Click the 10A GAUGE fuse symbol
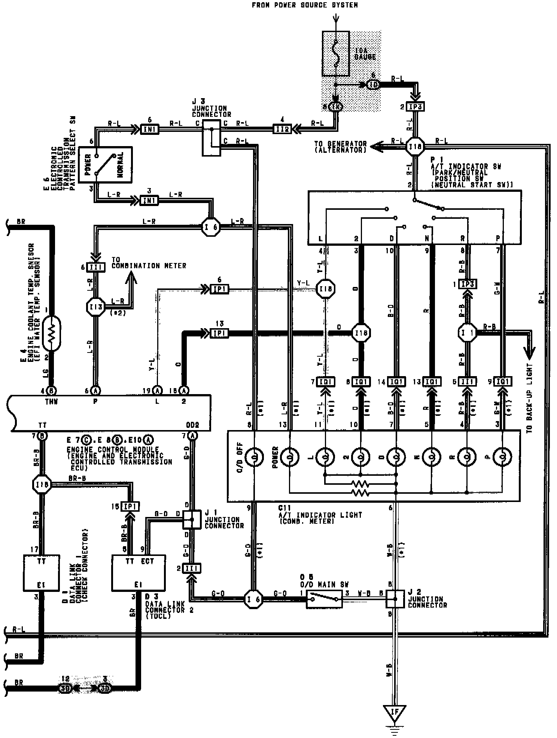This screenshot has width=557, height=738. tap(336, 54)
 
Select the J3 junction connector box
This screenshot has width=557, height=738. tap(211, 138)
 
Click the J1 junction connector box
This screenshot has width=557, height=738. tap(192, 519)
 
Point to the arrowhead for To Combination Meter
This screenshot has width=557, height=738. tap(131, 278)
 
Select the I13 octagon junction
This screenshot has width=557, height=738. tap(95, 306)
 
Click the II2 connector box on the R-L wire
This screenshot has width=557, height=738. tap(282, 129)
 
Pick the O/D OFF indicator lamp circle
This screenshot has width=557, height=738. tap(254, 457)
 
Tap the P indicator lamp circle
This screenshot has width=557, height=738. tap(502, 457)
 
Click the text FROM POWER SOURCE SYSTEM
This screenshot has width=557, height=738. tap(304, 5)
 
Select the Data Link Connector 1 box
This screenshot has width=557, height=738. tap(42, 572)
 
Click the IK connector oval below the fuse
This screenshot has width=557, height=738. tap(335, 107)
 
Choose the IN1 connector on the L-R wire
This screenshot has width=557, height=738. tap(149, 200)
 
